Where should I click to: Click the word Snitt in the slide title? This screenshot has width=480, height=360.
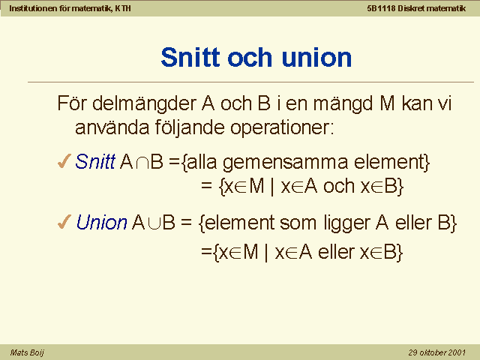pos(190,57)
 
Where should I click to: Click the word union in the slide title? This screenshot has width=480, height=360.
pos(316,57)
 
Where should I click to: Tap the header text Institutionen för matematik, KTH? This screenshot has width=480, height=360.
pos(70,8)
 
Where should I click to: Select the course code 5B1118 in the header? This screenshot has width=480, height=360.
pos(381,8)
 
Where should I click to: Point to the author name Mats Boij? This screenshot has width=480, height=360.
pos(27,352)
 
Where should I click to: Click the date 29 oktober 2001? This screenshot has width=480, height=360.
pos(436,352)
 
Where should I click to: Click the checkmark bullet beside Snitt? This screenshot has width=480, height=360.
pos(64,161)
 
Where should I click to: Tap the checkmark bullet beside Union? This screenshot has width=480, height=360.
pos(64,222)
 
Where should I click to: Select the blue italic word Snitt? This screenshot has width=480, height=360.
pos(95,161)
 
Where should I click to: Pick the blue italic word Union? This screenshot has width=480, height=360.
pos(102,222)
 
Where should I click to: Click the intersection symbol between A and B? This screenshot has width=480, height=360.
pos(142,163)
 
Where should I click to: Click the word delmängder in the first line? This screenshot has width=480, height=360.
pos(144,104)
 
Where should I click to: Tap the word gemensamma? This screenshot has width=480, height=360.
pos(285,163)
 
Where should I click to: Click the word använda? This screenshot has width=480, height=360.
pos(112,127)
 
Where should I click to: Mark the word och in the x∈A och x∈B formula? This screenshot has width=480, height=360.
pos(339,185)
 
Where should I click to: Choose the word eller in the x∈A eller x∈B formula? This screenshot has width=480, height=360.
pos(336,252)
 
